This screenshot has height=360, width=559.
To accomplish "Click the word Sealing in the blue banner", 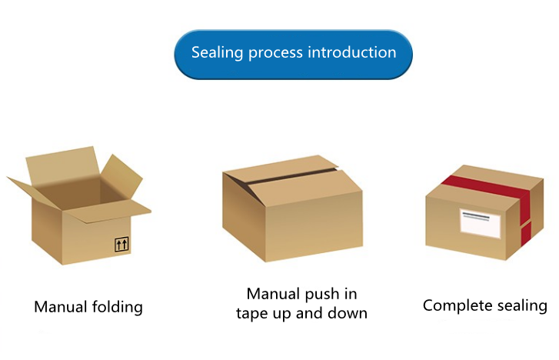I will click(216, 53).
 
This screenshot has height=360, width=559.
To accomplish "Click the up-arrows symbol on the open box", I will click(121, 245).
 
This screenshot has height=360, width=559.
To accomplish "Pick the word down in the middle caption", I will click(347, 313).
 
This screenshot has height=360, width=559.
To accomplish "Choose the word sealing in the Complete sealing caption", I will click(521, 306).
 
